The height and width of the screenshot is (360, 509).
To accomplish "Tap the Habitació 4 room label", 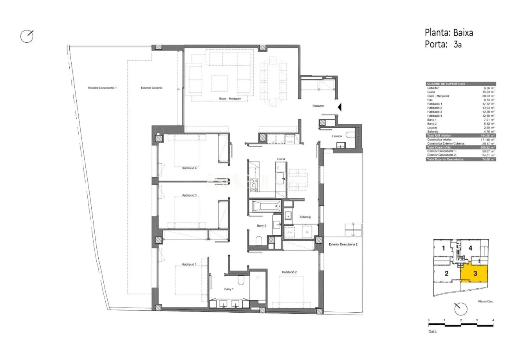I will pos(189,168).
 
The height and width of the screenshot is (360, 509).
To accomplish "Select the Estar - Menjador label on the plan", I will pos(230,99).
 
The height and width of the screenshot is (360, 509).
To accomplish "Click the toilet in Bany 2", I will pos(259,240).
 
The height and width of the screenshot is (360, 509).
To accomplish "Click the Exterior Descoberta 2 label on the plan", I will pos(343,244).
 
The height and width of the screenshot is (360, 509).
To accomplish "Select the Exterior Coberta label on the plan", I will pos(152,88).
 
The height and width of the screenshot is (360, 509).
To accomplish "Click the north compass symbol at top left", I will pos(27,36).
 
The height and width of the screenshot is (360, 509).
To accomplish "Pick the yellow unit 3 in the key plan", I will pos(475,273).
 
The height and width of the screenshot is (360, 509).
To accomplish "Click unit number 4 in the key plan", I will pos(470,248).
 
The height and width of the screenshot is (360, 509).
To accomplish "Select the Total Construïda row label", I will pos(440,147).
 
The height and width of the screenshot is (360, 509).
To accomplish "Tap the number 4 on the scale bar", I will pos(493,320).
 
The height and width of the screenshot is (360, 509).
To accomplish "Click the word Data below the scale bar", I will pos(433,331).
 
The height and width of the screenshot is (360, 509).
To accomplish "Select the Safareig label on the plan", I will pos(305,217).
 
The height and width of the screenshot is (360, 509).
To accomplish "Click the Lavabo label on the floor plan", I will pos(337,136).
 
